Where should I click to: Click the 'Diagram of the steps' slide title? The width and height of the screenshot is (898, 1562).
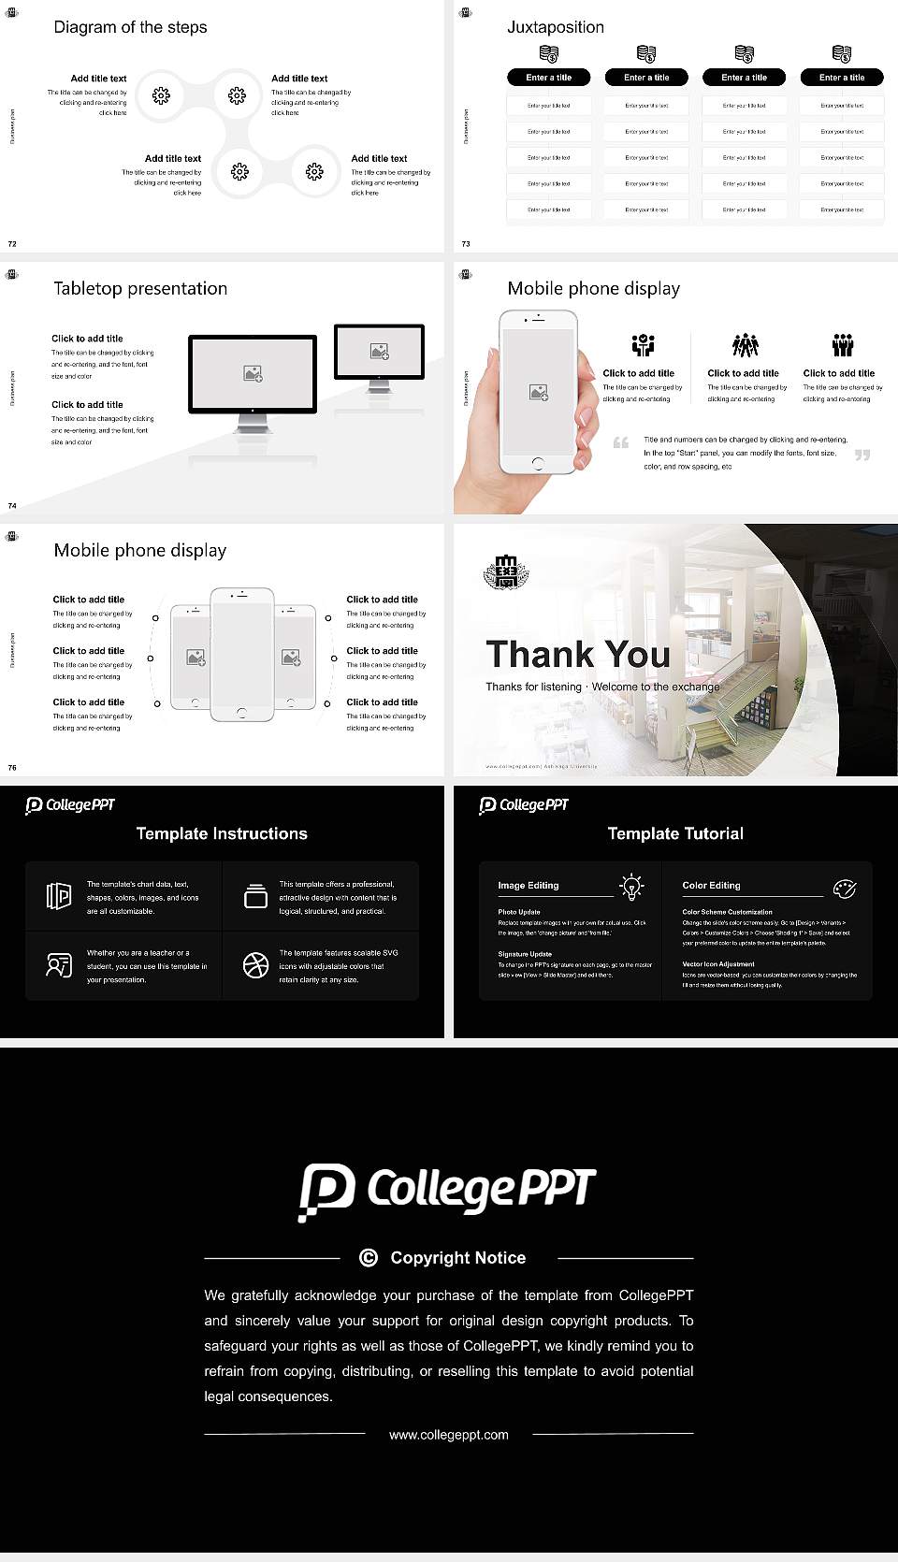130,27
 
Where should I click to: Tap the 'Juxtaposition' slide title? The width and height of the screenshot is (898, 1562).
555,27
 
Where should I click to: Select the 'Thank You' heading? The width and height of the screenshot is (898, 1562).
577,654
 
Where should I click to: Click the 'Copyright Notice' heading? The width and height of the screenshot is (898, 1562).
457,1258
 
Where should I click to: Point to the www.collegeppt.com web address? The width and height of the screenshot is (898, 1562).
449,1435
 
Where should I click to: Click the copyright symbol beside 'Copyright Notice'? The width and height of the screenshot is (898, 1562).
369,1258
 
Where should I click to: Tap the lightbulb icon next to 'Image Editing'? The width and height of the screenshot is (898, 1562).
631,886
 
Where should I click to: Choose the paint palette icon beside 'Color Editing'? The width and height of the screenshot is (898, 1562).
844,888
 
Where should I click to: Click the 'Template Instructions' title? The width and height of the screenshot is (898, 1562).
222,833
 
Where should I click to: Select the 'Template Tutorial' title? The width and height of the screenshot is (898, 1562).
675,833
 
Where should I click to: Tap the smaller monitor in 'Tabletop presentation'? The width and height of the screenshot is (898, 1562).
379,352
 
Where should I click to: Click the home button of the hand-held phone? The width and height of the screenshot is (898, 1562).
537,463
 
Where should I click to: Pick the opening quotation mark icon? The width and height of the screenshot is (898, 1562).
620,442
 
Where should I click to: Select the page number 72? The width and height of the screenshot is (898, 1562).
12,244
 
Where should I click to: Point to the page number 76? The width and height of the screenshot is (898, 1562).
12,768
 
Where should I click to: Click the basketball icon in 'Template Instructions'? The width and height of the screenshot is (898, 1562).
255,965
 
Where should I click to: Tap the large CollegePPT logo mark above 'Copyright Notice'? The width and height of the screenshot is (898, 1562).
326,1192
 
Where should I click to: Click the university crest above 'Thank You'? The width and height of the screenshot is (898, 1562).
506,571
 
